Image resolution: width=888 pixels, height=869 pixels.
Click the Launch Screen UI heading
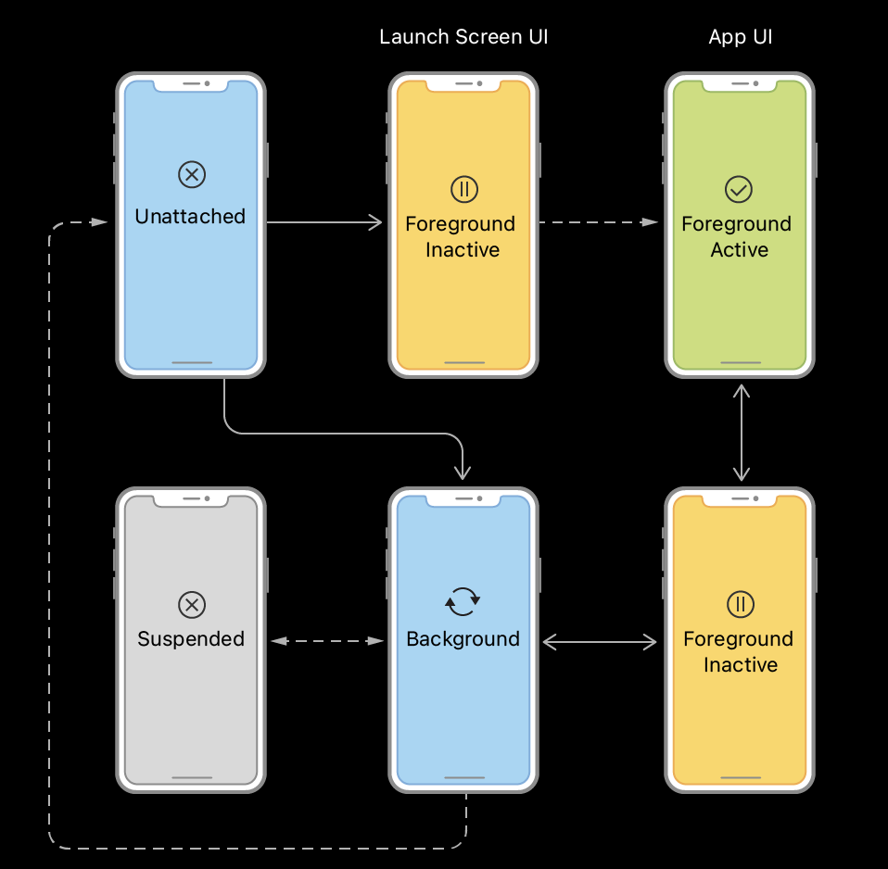tap(463, 37)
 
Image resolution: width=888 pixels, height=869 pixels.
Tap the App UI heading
tap(740, 37)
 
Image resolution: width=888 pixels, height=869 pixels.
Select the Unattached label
tap(190, 217)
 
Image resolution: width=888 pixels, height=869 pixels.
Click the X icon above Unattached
tap(191, 173)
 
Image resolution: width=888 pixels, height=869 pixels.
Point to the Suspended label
tap(191, 639)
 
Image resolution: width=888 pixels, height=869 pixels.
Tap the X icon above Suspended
tap(191, 605)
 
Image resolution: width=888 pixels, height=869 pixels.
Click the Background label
tap(463, 639)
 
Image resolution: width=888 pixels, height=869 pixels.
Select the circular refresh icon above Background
tap(463, 601)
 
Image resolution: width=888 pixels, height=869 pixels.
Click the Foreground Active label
tap(737, 236)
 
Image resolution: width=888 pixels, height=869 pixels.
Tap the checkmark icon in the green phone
tap(739, 190)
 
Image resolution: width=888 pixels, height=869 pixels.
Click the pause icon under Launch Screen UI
tap(463, 190)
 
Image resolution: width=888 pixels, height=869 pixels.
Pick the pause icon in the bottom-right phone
tap(740, 605)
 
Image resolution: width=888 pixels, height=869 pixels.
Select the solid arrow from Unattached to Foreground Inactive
tap(324, 221)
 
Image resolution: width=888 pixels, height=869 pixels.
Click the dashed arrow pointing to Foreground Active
tap(598, 221)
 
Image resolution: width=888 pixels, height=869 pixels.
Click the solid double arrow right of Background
tap(600, 640)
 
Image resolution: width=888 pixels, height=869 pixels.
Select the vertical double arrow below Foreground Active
tap(741, 432)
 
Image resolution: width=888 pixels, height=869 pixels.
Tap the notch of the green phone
tap(740, 84)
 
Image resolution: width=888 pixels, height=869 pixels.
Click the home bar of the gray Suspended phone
tap(191, 777)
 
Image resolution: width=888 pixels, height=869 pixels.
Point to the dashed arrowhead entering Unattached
tap(100, 222)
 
